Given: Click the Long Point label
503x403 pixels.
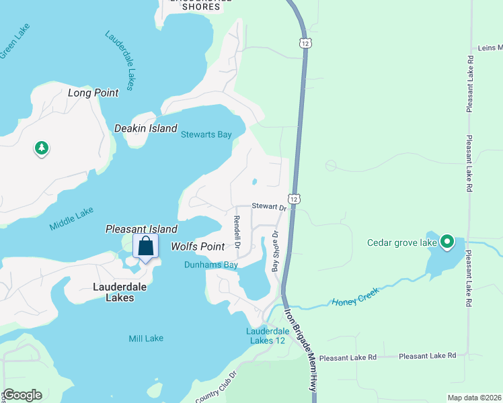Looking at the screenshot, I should click(93, 93).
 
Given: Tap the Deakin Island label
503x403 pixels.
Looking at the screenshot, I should click(145, 128).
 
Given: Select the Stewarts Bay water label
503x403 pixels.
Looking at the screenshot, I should click(206, 134).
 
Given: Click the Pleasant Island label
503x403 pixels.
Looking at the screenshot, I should click(141, 229).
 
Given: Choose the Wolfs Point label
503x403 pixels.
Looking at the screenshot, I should click(197, 247).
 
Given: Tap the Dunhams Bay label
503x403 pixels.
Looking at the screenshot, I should click(211, 265).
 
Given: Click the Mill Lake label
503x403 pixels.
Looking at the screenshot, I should click(146, 339).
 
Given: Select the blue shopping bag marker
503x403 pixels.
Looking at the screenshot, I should click(146, 247).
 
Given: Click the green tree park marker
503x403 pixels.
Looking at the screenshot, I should click(42, 148).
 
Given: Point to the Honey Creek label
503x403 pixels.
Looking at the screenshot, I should click(356, 296).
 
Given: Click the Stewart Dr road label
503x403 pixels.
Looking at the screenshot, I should click(269, 207).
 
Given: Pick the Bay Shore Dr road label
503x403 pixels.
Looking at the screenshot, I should click(275, 252).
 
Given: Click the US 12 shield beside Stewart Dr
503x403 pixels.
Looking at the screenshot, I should click(293, 198).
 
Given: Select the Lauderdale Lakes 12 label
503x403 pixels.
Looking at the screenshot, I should click(266, 336).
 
